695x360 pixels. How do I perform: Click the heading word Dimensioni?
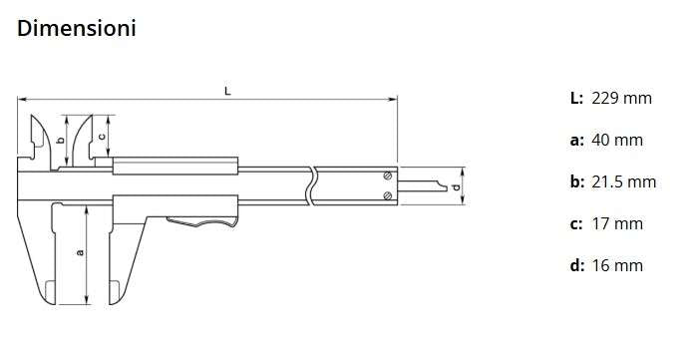pyautogui.click(x=77, y=29)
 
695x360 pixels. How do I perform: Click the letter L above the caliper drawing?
pyautogui.click(x=228, y=91)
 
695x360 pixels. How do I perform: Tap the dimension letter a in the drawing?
pyautogui.click(x=80, y=252)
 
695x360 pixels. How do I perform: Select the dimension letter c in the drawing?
pyautogui.click(x=102, y=137)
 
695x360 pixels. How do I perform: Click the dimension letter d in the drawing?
pyautogui.click(x=456, y=186)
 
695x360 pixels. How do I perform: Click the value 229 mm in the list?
pyautogui.click(x=621, y=98)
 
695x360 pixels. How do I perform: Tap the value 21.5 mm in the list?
pyautogui.click(x=623, y=181)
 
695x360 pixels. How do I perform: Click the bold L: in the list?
pyautogui.click(x=575, y=98)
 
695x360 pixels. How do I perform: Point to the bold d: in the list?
pyautogui.click(x=576, y=265)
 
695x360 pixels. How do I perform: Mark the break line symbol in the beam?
pyautogui.click(x=312, y=184)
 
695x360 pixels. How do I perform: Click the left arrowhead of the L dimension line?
pyautogui.click(x=21, y=99)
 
